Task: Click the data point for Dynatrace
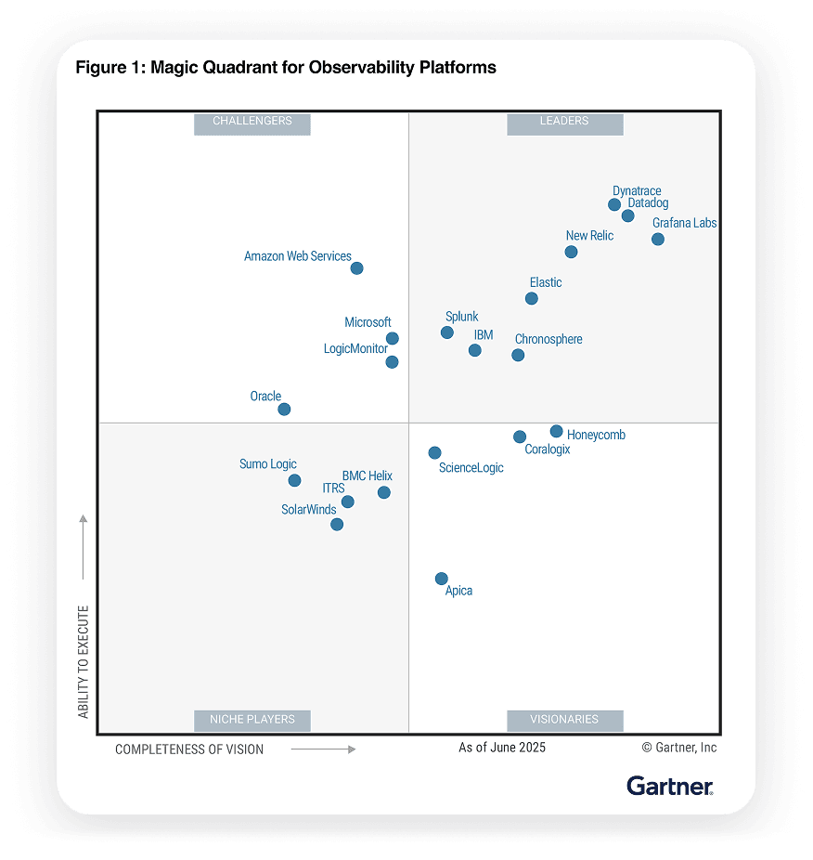click(614, 204)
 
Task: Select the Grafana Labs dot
click(658, 239)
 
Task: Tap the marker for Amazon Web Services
click(356, 268)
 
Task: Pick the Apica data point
click(442, 579)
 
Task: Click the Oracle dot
click(284, 409)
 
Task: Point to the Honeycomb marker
click(556, 431)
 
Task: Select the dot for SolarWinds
click(337, 525)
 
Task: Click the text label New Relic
click(589, 236)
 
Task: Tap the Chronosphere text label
click(548, 339)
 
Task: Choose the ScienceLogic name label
click(471, 468)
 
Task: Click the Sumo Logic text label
click(268, 464)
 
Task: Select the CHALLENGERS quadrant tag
click(252, 122)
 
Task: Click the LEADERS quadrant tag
click(564, 122)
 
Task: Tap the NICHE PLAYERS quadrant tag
click(252, 720)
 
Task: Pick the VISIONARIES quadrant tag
click(564, 720)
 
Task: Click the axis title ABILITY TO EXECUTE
click(84, 661)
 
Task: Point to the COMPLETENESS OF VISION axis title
click(189, 749)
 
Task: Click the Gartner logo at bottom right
click(670, 786)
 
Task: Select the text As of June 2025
click(502, 748)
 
